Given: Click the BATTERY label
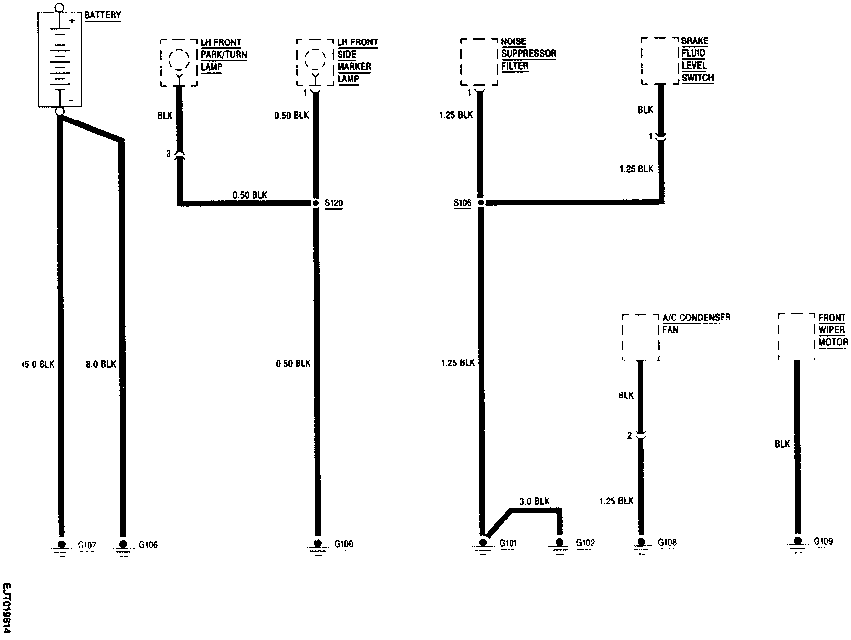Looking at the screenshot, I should tap(103, 15).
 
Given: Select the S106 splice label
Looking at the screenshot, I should tap(463, 203).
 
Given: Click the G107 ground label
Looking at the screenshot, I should tap(87, 545).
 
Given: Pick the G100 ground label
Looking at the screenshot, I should tap(343, 544).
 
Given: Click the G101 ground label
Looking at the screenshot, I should tap(509, 543).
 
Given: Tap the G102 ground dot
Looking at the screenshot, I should tap(559, 542).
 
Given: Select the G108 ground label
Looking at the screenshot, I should tap(667, 542).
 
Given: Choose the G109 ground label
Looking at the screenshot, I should tap(823, 541).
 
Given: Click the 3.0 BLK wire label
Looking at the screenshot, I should tap(534, 501).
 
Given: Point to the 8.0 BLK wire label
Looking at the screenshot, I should tap(101, 364).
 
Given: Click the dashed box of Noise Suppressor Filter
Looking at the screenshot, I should tap(478, 62).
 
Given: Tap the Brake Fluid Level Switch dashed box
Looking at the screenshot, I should tap(660, 60).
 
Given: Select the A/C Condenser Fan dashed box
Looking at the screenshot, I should tap(640, 337).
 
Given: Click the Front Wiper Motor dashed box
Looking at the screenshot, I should tap(796, 336).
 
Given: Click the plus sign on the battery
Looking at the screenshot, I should tap(72, 21).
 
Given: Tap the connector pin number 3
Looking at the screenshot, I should tap(168, 154).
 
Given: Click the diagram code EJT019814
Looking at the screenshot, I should tap(6, 607).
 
